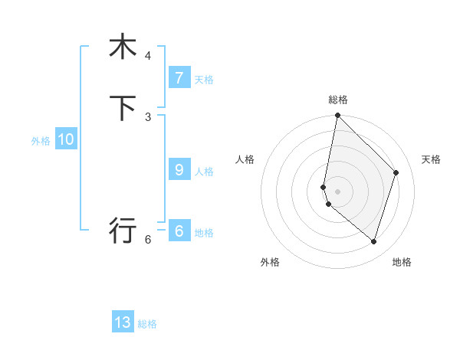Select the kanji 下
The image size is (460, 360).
tap(123, 108)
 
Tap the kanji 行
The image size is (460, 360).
tap(123, 229)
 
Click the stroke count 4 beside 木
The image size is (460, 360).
tap(148, 56)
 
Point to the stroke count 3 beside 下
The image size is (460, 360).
tap(148, 116)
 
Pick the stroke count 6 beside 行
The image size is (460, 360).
tap(148, 239)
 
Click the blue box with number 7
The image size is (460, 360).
tap(179, 77)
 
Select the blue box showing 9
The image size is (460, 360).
tap(179, 170)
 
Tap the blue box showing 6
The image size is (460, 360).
tap(179, 231)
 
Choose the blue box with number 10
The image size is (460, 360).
tap(66, 139)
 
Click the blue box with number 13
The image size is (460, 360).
tap(123, 322)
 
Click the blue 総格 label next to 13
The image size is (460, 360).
tap(147, 324)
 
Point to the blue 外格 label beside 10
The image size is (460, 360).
tap(41, 141)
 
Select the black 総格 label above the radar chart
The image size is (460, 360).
tap(337, 100)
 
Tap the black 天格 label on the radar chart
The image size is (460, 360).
tap(431, 159)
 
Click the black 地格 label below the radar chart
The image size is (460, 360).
tap(402, 262)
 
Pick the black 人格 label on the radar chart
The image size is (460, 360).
tap(245, 159)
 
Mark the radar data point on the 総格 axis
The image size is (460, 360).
tap(337, 115)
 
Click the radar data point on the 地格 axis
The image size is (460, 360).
tap(373, 241)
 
